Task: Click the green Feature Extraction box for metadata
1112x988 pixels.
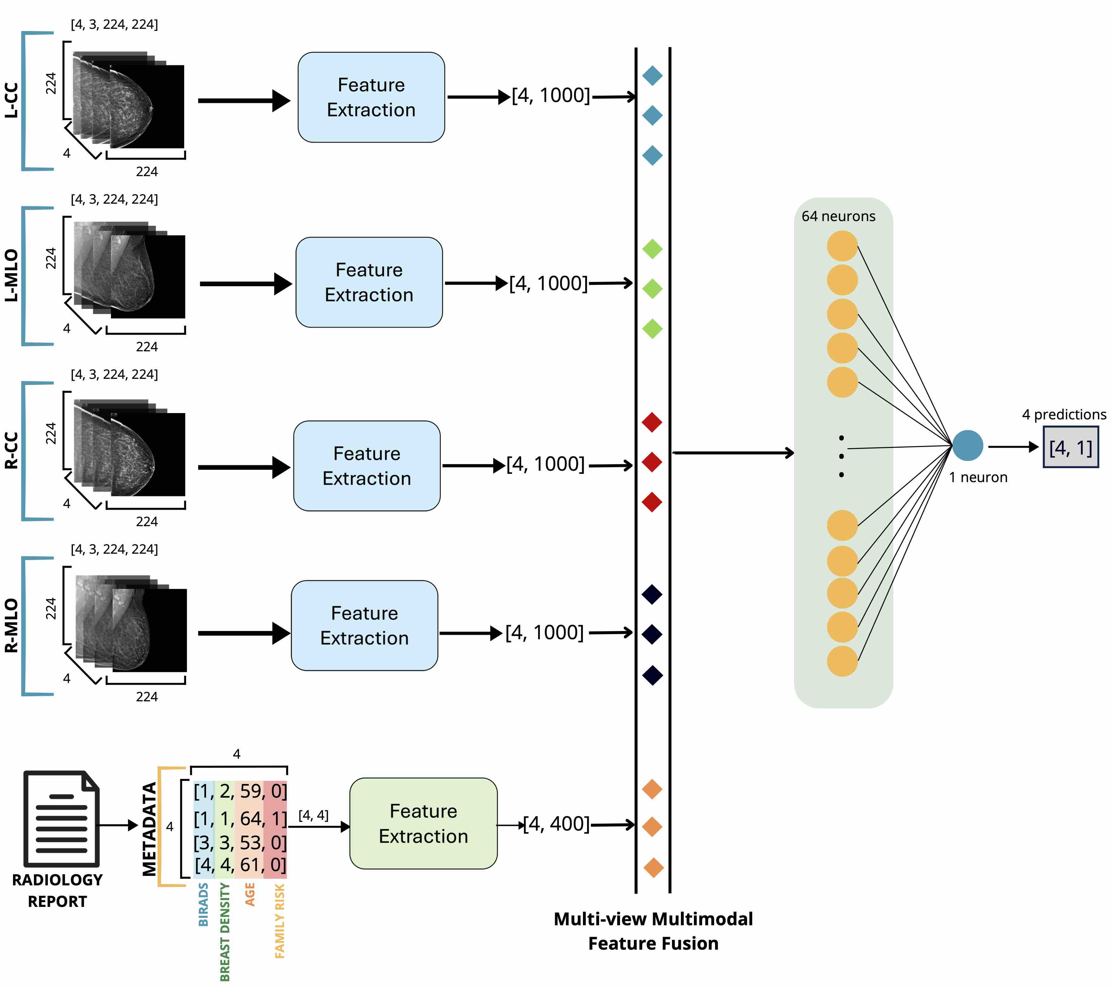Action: (x=423, y=823)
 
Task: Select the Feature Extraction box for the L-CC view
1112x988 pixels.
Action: (x=371, y=97)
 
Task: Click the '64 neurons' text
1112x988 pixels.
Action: (x=838, y=216)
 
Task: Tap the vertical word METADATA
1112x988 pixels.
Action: (x=149, y=829)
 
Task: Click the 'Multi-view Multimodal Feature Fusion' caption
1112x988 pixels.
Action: (x=653, y=931)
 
